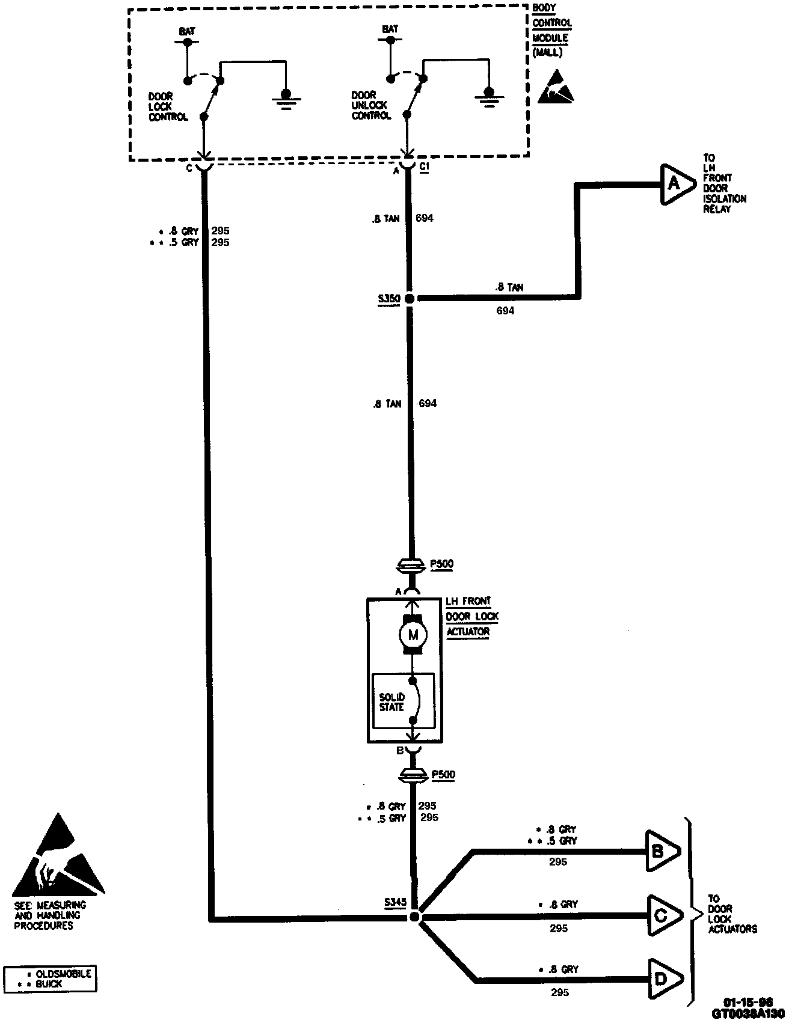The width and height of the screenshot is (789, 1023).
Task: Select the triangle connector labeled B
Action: tap(660, 851)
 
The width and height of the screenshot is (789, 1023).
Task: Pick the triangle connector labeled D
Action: tap(662, 979)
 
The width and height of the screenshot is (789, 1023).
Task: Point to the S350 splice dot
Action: tap(409, 299)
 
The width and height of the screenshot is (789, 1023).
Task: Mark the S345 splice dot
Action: tap(414, 917)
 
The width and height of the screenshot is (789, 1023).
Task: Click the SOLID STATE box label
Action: tap(391, 702)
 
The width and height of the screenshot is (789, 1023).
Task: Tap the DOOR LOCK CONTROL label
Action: tap(168, 106)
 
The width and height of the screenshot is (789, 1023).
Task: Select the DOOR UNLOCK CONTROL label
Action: tap(371, 105)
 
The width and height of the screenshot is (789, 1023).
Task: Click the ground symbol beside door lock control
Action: tap(286, 97)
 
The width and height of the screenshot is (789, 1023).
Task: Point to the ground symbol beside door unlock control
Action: tap(488, 97)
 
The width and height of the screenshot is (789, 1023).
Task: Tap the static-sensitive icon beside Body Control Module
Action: tap(555, 88)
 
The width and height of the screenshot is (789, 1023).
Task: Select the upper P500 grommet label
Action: tap(443, 564)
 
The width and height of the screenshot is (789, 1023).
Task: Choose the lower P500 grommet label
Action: tap(443, 775)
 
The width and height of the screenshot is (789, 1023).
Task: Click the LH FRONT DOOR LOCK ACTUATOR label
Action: tap(472, 616)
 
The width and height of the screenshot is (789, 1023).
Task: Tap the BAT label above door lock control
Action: tap(187, 32)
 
